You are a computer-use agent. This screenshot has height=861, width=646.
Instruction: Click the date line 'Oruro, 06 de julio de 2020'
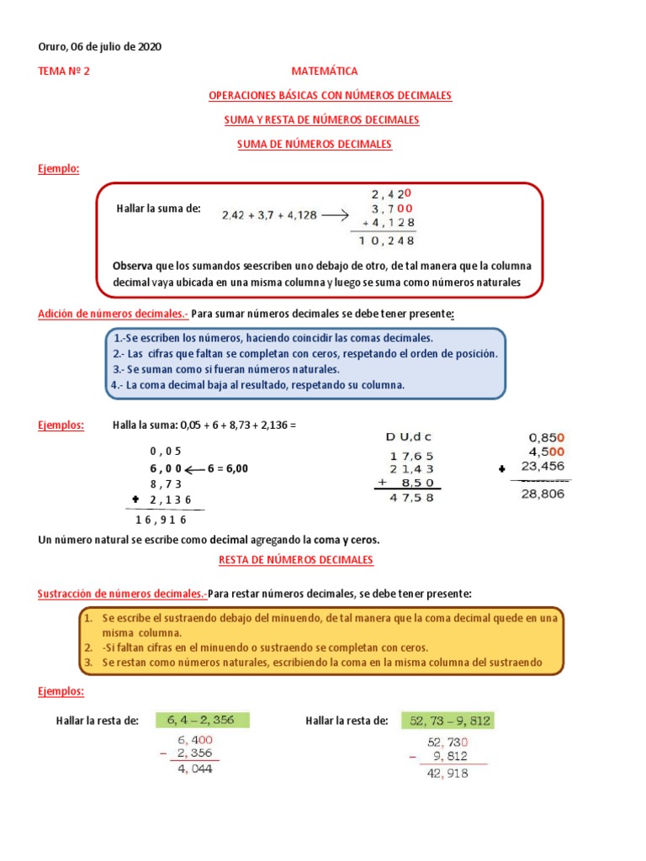point(99,47)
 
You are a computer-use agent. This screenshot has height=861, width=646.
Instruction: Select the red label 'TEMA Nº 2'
point(63,71)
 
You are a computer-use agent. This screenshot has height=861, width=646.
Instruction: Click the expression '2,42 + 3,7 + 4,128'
point(269,215)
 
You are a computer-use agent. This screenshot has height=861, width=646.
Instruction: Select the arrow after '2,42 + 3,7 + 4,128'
point(335,215)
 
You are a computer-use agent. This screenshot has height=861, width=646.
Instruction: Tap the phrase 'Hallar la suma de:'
point(159,209)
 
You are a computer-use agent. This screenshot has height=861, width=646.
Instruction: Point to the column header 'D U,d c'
point(410,437)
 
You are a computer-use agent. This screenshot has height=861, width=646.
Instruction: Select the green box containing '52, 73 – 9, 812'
point(451,721)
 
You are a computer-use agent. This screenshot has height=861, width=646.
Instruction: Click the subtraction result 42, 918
point(447,773)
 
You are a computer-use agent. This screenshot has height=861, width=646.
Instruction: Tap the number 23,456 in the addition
point(543,467)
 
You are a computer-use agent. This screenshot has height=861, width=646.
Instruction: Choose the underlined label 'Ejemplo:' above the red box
point(58,169)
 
